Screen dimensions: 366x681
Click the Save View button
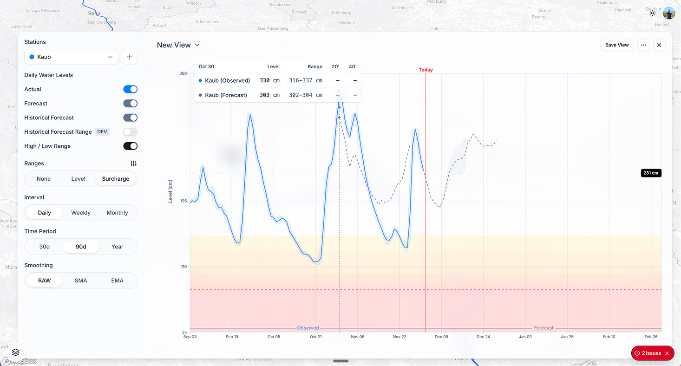[x=617, y=45]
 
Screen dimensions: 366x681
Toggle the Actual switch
[x=130, y=89]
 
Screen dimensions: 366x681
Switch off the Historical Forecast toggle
[x=130, y=118]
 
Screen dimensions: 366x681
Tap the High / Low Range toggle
[x=130, y=146]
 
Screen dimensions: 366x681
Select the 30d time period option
[x=44, y=247]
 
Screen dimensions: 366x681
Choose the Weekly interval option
[x=81, y=213]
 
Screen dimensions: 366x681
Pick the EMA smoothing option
[x=117, y=281]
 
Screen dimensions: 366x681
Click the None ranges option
[x=44, y=179]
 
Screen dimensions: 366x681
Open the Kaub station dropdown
[x=71, y=57]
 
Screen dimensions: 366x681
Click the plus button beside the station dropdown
[x=130, y=57]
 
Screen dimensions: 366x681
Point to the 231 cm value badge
[x=651, y=173]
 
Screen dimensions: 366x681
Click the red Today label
[x=426, y=70]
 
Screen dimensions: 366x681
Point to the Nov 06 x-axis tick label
[x=358, y=337]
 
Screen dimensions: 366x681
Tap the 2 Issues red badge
[x=652, y=353]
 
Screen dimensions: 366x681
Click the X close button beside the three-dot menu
[x=659, y=45]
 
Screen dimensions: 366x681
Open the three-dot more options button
[x=643, y=45]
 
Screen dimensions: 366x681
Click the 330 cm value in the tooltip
[x=269, y=80]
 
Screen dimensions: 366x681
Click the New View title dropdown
[x=178, y=45]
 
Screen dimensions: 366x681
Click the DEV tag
[x=102, y=132]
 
